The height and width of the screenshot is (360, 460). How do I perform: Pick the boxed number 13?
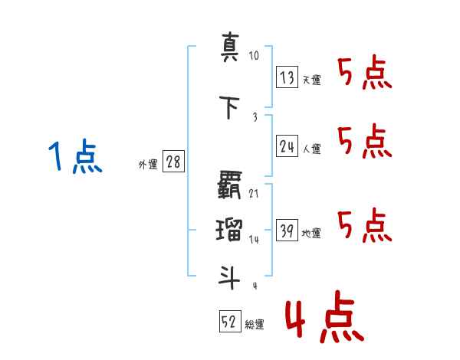287,77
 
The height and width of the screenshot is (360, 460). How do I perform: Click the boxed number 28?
173,162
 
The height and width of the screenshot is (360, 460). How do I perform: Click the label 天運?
311,80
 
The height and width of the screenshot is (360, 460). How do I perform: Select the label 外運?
148,164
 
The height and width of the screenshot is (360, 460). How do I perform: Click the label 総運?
255,325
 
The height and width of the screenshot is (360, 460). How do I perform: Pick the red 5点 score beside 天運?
365,73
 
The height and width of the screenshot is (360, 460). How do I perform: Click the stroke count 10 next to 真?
254,56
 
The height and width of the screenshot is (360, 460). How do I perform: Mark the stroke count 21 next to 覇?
254,193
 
